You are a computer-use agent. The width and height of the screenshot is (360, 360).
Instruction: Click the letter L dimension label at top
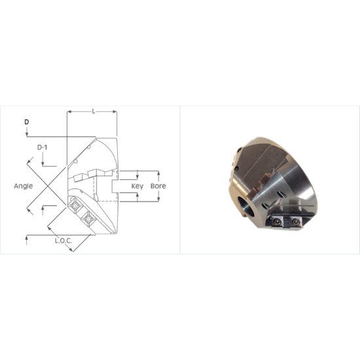(93, 111)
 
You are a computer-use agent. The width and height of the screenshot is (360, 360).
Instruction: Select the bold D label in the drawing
(26, 122)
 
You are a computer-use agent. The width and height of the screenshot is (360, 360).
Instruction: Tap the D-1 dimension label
(41, 147)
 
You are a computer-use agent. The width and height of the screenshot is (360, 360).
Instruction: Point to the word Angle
(24, 186)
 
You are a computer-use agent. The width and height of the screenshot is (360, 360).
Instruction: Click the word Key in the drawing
(137, 186)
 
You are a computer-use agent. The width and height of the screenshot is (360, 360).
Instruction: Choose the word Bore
(158, 186)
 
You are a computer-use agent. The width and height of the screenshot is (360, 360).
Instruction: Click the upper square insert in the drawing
(75, 205)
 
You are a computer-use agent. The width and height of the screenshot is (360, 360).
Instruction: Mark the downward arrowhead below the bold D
(26, 135)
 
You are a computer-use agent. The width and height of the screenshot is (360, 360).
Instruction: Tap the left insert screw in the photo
(278, 222)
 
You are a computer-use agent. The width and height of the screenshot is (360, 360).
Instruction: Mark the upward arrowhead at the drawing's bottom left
(26, 239)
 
